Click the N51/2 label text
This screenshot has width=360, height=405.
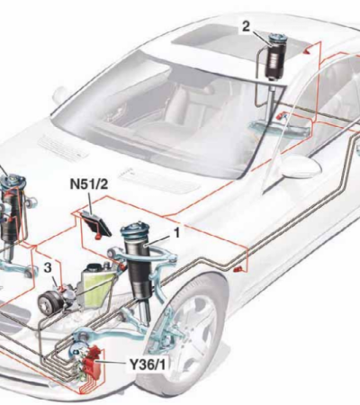[x=88, y=184]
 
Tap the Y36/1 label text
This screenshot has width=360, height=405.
[x=148, y=364]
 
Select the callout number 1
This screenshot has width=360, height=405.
[x=177, y=233]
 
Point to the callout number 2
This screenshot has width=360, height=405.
[x=246, y=27]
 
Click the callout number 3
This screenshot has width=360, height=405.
[x=48, y=267]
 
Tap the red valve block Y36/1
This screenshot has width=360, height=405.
[x=92, y=361]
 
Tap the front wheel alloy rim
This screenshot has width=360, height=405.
[x=196, y=333]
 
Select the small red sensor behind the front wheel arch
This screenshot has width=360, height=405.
[x=238, y=269]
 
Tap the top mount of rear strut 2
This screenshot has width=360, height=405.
[x=274, y=40]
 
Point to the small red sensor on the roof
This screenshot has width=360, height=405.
[x=306, y=51]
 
